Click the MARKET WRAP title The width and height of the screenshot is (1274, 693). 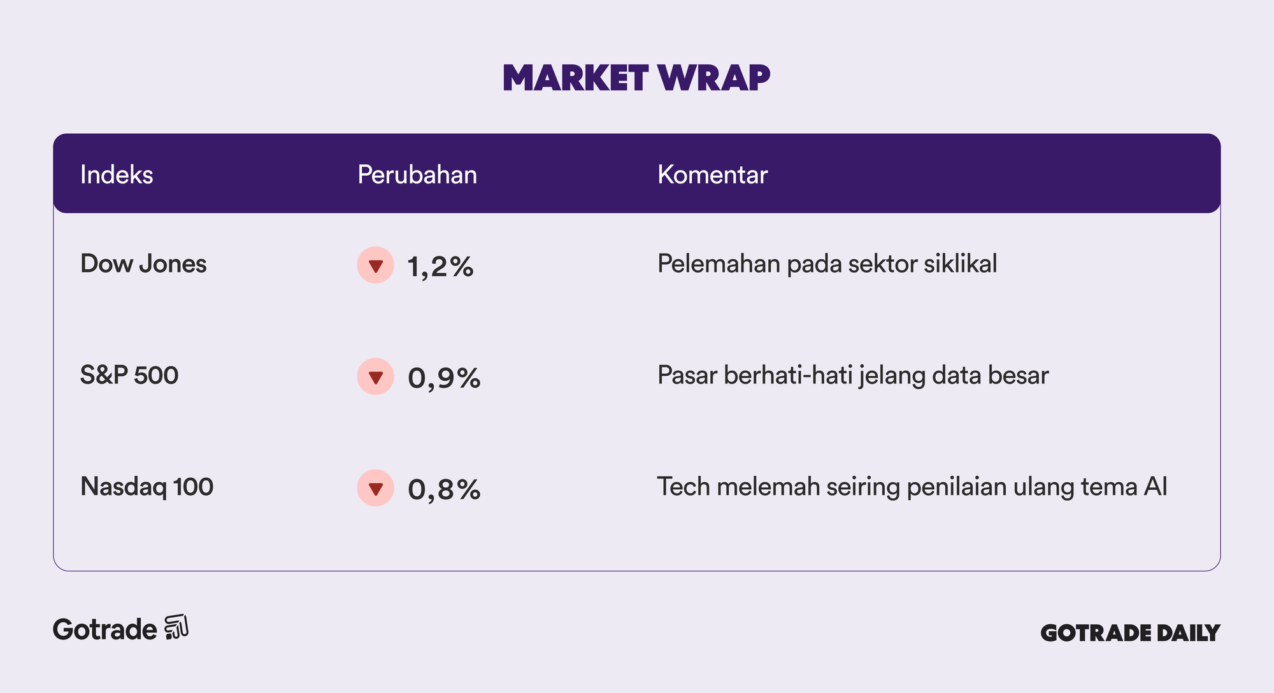(636, 78)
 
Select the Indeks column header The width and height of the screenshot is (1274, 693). (117, 175)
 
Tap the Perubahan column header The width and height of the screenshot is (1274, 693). (417, 175)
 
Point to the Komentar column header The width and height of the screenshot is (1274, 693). (712, 175)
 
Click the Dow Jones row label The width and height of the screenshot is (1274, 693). (143, 264)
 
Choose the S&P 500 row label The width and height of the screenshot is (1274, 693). (129, 375)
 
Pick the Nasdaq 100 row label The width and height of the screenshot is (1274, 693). (147, 487)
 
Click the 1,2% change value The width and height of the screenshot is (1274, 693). (440, 266)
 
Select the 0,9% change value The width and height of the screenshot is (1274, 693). (444, 378)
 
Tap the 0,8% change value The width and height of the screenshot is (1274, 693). (444, 489)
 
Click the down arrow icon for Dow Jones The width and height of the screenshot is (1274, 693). (376, 265)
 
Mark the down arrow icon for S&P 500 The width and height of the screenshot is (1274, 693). (376, 376)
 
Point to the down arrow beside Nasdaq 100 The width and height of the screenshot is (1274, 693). (376, 488)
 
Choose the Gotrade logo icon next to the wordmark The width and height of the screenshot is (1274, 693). (176, 627)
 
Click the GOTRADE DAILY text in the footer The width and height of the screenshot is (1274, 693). (1130, 632)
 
